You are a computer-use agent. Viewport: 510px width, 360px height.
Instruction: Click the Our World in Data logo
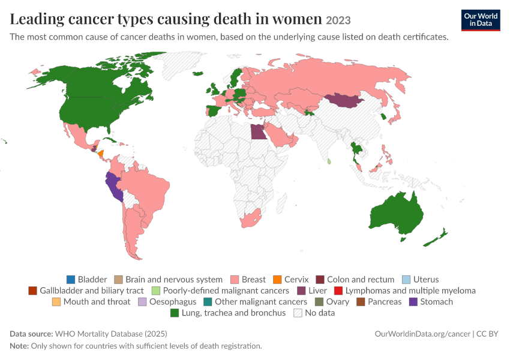[481, 20]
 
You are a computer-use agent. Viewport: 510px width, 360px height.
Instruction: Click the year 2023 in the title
[338, 20]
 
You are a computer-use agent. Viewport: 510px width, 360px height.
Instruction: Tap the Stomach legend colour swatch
[413, 302]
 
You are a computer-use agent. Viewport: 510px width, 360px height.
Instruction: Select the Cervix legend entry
[291, 280]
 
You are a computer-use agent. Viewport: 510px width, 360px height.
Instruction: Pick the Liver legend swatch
[302, 291]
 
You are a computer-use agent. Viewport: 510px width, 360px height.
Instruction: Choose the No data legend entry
[314, 313]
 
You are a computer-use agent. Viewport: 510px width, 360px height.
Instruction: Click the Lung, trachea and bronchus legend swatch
[175, 313]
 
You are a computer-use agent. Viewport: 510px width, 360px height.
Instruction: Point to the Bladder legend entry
[86, 280]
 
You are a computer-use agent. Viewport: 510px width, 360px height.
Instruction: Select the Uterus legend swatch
[406, 280]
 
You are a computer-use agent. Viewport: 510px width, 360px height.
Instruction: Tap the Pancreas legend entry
[379, 302]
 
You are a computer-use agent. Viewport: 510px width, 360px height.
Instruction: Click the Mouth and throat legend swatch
[56, 302]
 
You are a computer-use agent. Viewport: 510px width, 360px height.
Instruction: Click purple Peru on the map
[114, 187]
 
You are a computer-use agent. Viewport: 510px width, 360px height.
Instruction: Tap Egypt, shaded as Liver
[259, 132]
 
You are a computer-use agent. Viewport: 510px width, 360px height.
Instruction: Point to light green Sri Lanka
[329, 161]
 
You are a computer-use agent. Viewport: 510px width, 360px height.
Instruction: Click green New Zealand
[436, 238]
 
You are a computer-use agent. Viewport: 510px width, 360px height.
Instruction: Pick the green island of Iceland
[198, 73]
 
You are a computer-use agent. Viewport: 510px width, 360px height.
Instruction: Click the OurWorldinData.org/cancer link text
[422, 334]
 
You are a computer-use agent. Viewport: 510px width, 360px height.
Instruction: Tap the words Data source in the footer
[31, 334]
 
